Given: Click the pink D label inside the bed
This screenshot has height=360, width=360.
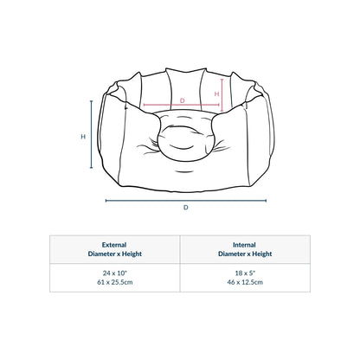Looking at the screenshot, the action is (183, 100).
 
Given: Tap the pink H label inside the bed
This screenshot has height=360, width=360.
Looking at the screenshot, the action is (216, 93).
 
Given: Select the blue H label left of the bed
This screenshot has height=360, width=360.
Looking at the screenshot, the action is (83, 137).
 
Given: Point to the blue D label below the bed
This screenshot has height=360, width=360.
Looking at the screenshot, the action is (186, 208).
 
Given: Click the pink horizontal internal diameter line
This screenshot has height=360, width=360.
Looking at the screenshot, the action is (182, 105).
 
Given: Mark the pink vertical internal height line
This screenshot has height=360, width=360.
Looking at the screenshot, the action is (222, 95).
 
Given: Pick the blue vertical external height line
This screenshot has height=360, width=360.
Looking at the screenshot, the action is (92, 134).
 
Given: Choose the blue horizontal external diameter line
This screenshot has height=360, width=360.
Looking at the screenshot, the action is (186, 201).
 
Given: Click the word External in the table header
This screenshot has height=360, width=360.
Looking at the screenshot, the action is (114, 245).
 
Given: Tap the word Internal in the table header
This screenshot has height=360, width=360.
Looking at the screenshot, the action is (244, 245).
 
